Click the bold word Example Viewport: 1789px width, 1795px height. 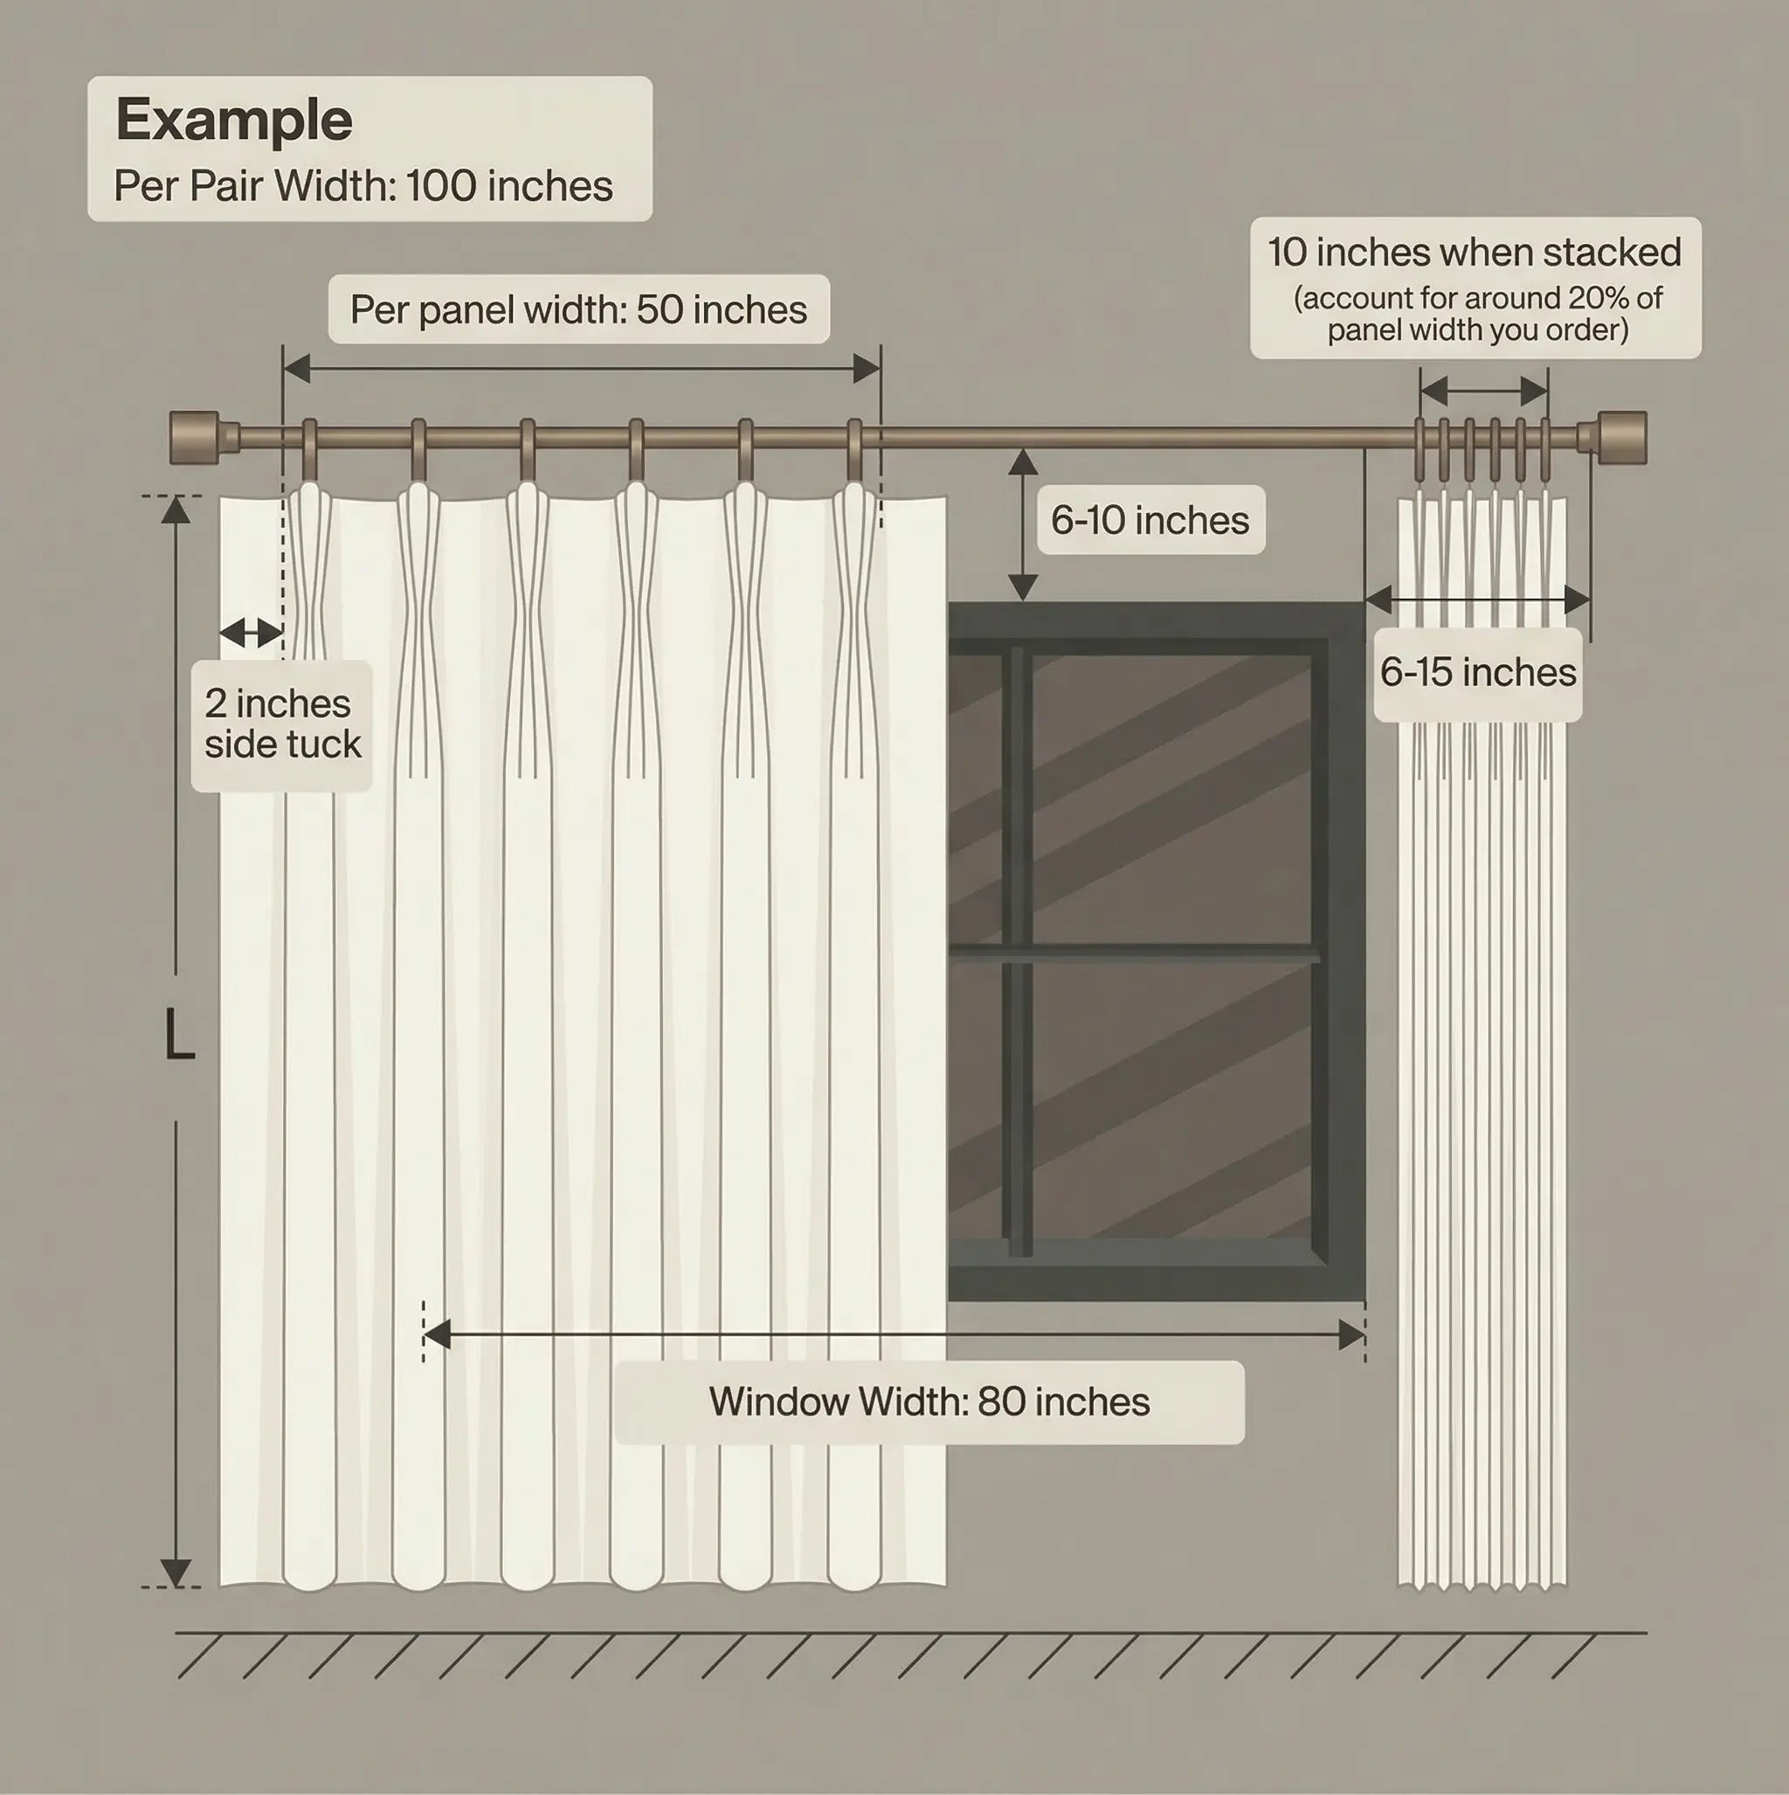(x=233, y=120)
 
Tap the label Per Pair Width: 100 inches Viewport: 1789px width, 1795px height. (x=363, y=186)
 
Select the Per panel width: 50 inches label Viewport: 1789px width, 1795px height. (x=577, y=309)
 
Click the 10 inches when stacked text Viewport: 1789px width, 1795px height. (x=1475, y=253)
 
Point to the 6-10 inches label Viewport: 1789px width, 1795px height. (x=1150, y=520)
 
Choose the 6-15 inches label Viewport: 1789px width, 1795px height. (x=1478, y=673)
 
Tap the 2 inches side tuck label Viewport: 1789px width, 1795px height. (x=281, y=724)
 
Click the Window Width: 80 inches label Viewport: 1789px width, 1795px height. (x=929, y=1402)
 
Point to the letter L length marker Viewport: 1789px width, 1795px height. (x=178, y=1035)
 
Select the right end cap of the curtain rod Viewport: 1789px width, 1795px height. (x=1623, y=438)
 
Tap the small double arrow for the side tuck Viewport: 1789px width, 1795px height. (x=251, y=633)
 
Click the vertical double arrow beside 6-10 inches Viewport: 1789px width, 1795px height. (x=1023, y=525)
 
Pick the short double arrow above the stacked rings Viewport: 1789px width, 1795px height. (x=1483, y=392)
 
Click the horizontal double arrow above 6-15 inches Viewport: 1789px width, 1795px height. (x=1478, y=599)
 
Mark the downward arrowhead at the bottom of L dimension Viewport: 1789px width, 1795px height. (x=176, y=1572)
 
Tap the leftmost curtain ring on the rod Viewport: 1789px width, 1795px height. (x=309, y=451)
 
